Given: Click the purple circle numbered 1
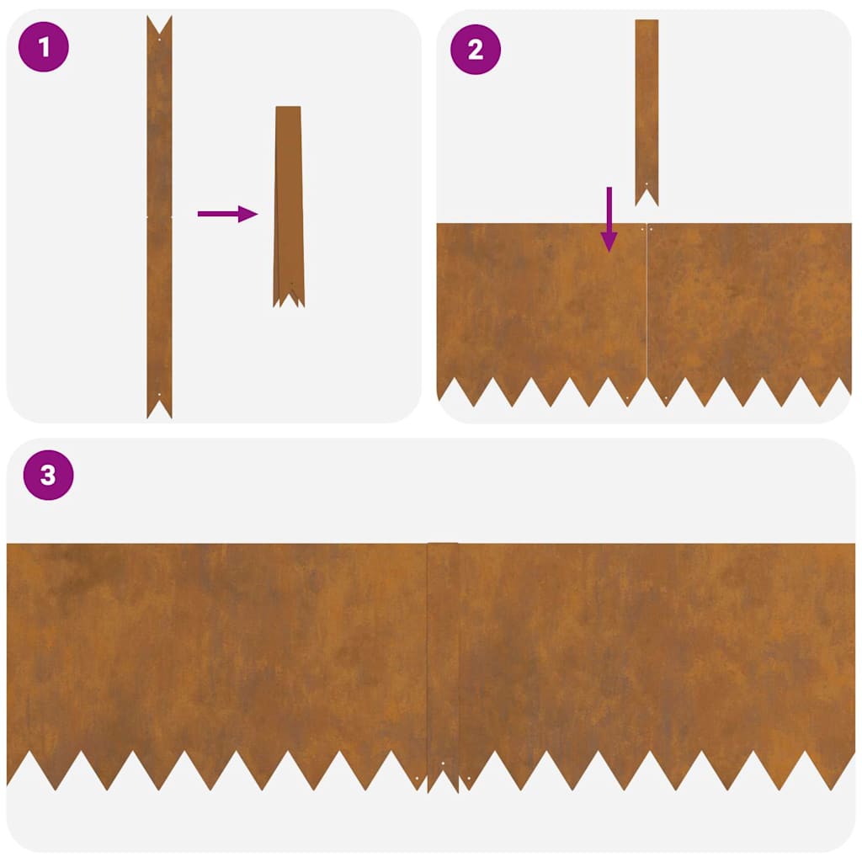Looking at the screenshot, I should point(44,49).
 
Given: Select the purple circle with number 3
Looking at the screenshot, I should point(48,476).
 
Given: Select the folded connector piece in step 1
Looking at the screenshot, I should point(288,202).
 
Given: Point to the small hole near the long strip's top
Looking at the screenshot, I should point(159,39).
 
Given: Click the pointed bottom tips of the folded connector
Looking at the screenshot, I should point(289,298).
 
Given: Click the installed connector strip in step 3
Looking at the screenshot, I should point(443,657).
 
